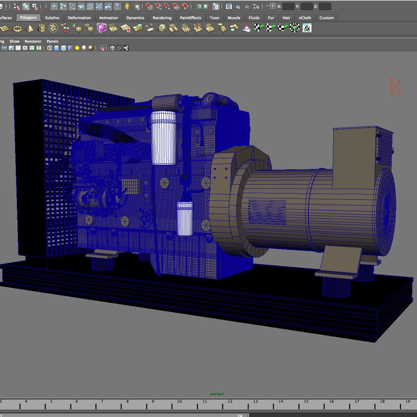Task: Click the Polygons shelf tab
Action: pyautogui.click(x=29, y=18)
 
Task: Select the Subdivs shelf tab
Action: pyautogui.click(x=52, y=18)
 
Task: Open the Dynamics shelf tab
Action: pyautogui.click(x=135, y=18)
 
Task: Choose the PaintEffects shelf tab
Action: pyautogui.click(x=190, y=18)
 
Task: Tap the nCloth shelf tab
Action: pyautogui.click(x=305, y=18)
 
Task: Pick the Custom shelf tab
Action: pyautogui.click(x=326, y=18)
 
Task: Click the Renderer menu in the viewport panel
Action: pyautogui.click(x=33, y=41)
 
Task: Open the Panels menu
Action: pyautogui.click(x=53, y=41)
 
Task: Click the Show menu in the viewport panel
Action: pyautogui.click(x=14, y=41)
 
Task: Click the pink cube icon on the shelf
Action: pyautogui.click(x=102, y=28)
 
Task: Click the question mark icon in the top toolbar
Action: pyautogui.click(x=117, y=6)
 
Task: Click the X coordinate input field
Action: pyautogui.click(x=288, y=7)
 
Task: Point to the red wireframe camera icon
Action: pyautogui.click(x=395, y=87)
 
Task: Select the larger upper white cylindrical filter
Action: pyautogui.click(x=164, y=138)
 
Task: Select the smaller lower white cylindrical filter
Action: pyautogui.click(x=185, y=219)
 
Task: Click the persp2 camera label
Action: pyautogui.click(x=217, y=394)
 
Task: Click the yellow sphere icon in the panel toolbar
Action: pyautogui.click(x=77, y=48)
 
